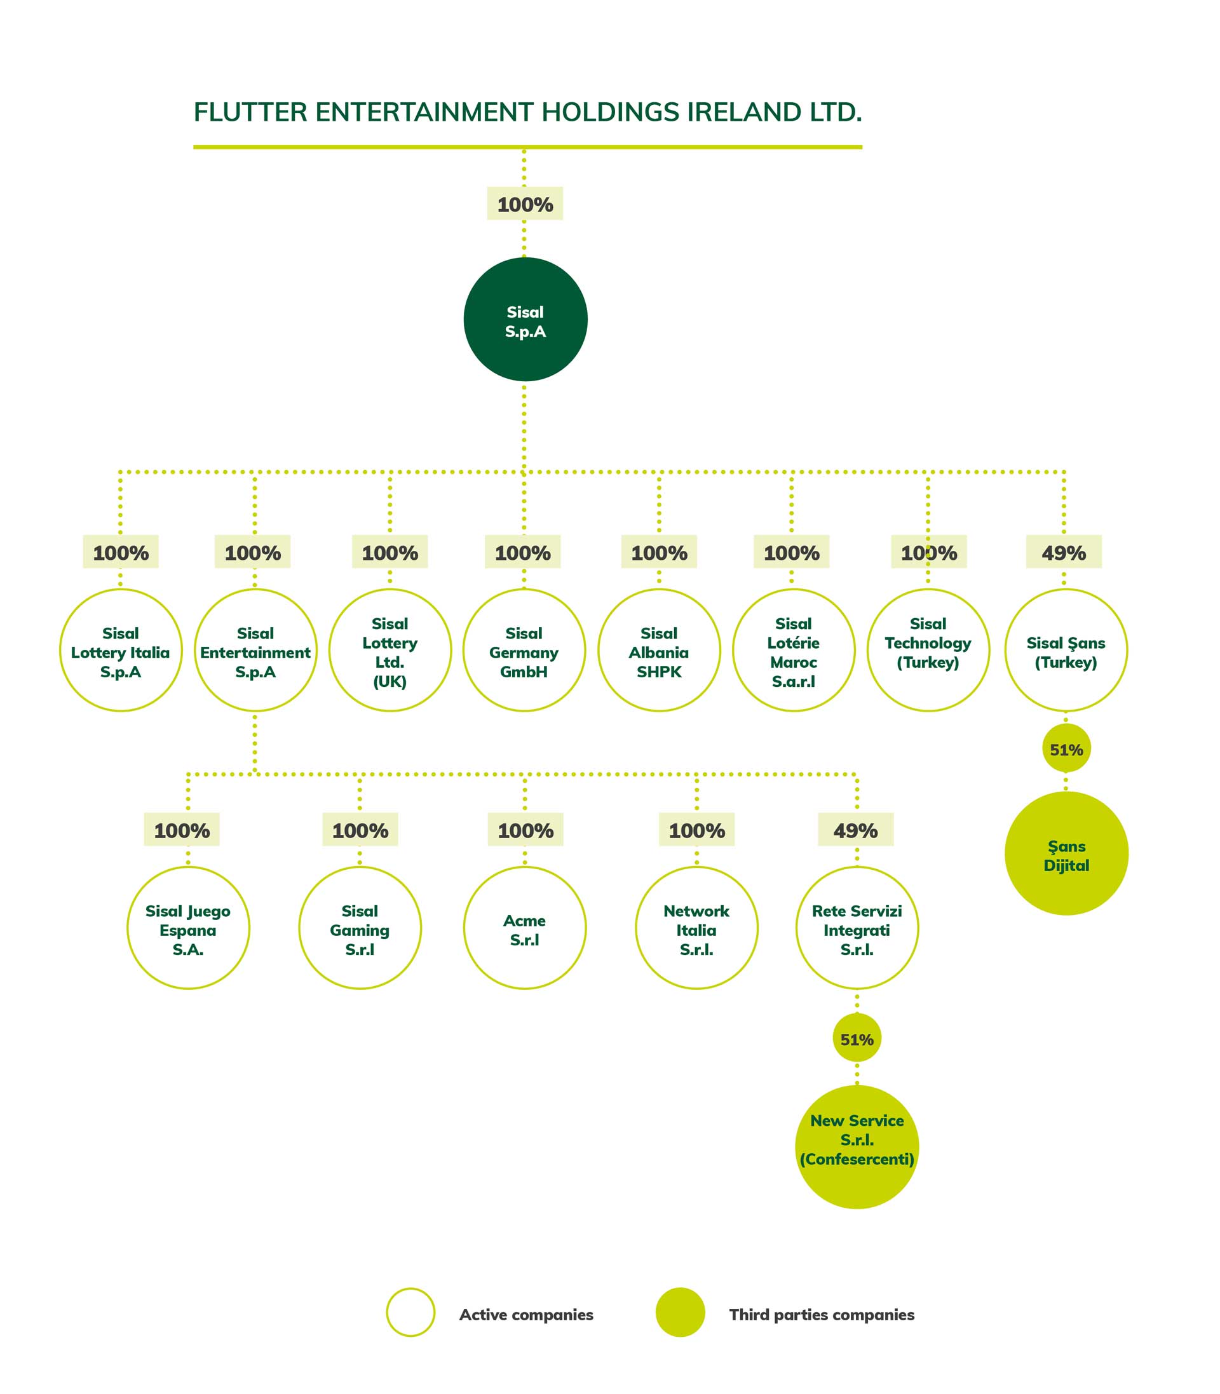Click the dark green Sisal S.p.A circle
click(525, 319)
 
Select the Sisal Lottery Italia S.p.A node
click(121, 651)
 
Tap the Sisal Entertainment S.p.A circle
click(255, 651)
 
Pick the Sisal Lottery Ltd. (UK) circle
click(390, 651)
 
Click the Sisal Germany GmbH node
click(524, 651)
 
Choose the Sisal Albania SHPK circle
click(658, 651)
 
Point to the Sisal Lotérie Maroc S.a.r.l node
click(793, 651)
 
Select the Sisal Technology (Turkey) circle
click(928, 651)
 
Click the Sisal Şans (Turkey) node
click(1066, 651)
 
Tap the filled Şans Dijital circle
click(1066, 853)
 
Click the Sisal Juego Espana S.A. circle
click(188, 928)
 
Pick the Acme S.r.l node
click(524, 928)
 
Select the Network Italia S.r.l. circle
click(696, 928)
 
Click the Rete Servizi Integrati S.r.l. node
click(857, 928)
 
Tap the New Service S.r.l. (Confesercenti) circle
click(857, 1147)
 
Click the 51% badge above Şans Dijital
click(1066, 748)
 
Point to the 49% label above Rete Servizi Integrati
click(855, 830)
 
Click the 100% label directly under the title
click(525, 203)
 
